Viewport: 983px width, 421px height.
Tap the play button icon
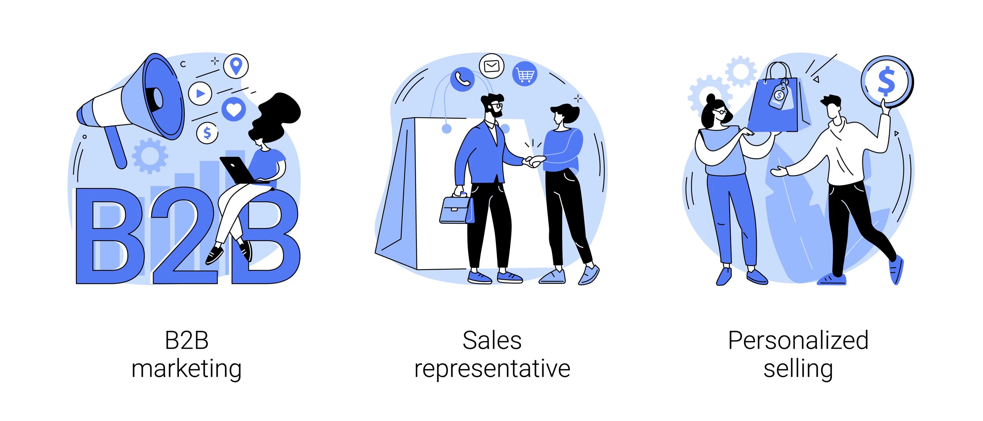(200, 93)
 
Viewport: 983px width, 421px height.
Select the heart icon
(234, 109)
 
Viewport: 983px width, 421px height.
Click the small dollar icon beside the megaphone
(207, 133)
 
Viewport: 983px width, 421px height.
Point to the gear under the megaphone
(150, 156)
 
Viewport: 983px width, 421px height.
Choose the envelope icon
(491, 66)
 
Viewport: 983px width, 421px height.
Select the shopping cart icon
(525, 74)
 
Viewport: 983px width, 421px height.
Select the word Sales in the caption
(492, 340)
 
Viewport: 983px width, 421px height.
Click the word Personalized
(798, 340)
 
